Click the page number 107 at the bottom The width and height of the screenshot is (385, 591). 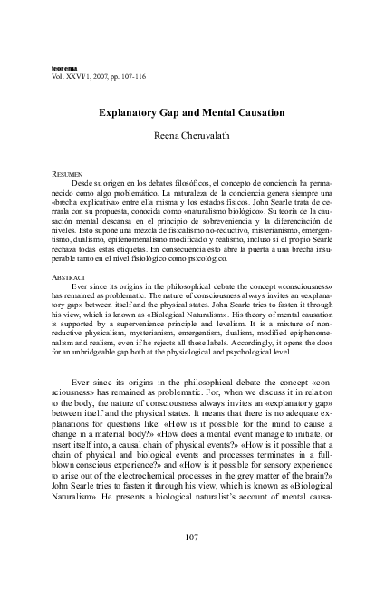pos(193,536)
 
